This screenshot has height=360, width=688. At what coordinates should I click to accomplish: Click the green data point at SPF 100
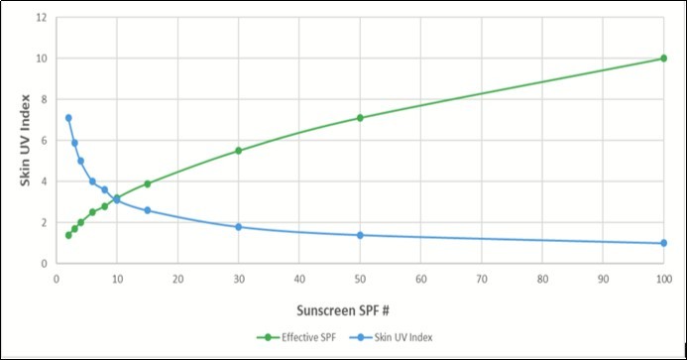[x=663, y=59]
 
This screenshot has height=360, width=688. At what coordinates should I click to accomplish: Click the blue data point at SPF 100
[x=663, y=243]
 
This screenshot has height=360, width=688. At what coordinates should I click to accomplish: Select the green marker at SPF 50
[x=360, y=118]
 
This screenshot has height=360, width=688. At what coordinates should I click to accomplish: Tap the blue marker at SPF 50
[x=360, y=235]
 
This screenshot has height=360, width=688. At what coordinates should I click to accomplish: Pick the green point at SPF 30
[x=239, y=151]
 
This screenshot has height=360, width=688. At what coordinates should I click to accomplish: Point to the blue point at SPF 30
[x=239, y=227]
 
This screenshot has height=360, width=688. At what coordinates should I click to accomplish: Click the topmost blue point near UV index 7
[x=68, y=118]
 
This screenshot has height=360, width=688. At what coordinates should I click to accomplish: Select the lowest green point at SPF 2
[x=68, y=235]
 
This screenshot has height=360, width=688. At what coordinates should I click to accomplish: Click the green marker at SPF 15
[x=148, y=183]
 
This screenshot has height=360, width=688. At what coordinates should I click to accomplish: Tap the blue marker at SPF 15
[x=148, y=210]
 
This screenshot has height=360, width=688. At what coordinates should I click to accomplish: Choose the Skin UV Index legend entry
[x=401, y=336]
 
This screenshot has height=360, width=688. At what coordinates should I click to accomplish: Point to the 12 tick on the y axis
[x=41, y=18]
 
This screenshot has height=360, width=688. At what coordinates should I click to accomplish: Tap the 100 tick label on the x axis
[x=663, y=279]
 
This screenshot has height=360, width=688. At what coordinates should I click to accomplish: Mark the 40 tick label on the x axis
[x=299, y=279]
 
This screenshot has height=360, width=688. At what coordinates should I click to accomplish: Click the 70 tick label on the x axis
[x=482, y=279]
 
